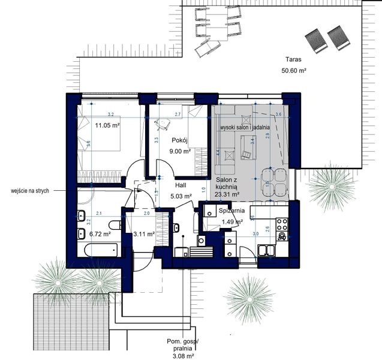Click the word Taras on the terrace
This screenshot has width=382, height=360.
click(293, 60)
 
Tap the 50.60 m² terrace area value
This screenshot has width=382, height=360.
click(294, 71)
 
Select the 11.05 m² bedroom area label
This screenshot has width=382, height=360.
click(107, 125)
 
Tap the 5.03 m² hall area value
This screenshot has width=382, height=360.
click(181, 196)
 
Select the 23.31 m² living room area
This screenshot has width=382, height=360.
click(227, 194)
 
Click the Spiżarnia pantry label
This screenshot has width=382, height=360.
click(230, 212)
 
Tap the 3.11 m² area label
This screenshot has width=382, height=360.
click(144, 234)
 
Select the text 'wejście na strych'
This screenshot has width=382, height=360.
click(30, 190)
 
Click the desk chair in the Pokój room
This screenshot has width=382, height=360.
click(163, 124)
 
